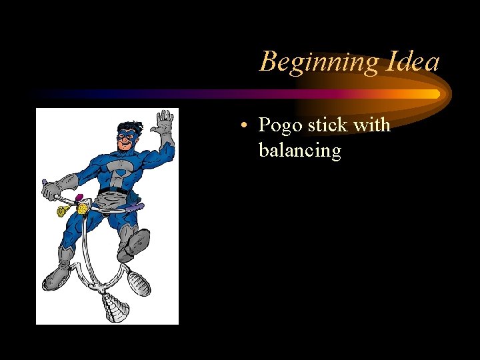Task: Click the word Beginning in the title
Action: (318, 62)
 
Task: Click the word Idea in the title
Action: (411, 61)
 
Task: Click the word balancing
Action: (299, 150)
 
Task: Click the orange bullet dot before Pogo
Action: (246, 126)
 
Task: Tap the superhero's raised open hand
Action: (162, 125)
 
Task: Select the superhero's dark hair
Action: (127, 126)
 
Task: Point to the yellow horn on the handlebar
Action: (62, 211)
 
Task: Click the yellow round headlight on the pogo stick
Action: (83, 209)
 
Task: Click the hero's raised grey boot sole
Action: (137, 241)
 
